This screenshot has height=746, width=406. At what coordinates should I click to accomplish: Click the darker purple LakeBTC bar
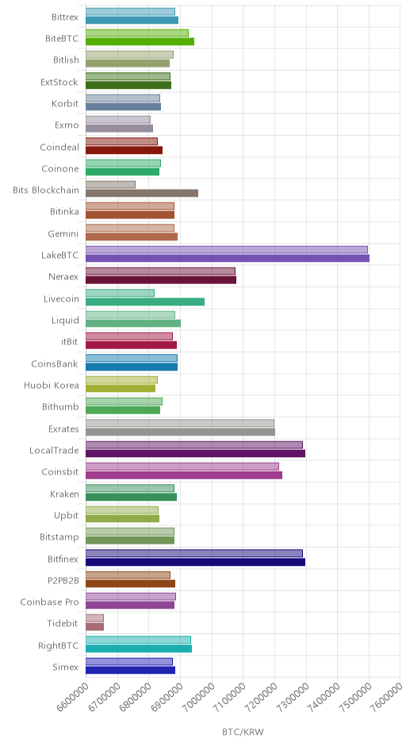click(228, 259)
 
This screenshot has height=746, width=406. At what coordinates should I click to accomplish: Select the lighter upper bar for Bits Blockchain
click(110, 185)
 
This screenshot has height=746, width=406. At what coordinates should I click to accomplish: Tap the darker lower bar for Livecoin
click(145, 302)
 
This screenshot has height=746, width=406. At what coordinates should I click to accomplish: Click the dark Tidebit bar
click(94, 627)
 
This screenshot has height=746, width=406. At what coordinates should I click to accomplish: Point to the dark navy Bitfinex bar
click(195, 562)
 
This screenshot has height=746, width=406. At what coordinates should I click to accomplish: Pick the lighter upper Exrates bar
click(180, 423)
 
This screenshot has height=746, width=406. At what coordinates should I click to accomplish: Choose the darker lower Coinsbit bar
click(184, 475)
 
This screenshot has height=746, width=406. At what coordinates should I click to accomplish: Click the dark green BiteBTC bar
click(140, 41)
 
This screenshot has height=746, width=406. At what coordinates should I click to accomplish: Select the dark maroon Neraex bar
click(161, 279)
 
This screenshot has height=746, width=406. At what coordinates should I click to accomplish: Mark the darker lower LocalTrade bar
click(195, 453)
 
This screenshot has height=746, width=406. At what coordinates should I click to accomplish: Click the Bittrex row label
click(65, 17)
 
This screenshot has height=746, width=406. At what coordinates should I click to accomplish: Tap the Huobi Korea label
click(52, 386)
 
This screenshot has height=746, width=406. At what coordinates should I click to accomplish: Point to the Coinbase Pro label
click(49, 602)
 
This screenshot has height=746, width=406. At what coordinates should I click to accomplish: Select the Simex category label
click(66, 667)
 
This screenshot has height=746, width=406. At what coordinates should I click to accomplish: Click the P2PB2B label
click(63, 580)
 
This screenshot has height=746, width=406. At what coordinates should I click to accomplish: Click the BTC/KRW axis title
click(243, 732)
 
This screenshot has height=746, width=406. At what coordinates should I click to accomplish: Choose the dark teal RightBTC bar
click(139, 648)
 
